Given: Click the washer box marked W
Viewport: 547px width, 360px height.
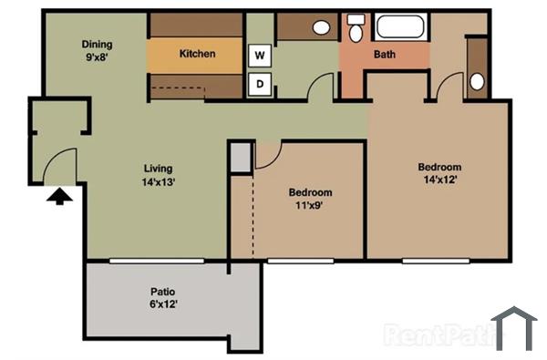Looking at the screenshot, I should [x=260, y=55].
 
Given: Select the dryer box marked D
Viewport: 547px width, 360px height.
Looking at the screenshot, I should [x=260, y=85].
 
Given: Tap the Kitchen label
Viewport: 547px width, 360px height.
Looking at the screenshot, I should [x=197, y=54].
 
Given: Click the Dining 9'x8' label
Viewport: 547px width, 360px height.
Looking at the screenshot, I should [x=98, y=50].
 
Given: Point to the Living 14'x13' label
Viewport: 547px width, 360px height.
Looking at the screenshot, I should [x=158, y=175].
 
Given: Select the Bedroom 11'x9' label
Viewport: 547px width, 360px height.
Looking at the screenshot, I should [x=310, y=199].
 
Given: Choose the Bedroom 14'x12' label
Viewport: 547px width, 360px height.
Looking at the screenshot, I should [x=439, y=173].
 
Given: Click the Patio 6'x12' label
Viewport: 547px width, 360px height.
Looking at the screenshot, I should [x=163, y=298].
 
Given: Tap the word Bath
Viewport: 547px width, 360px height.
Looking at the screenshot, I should [x=385, y=55].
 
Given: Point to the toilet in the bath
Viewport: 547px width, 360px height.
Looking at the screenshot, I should [x=355, y=29].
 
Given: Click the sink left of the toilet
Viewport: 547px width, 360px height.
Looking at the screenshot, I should [x=322, y=27].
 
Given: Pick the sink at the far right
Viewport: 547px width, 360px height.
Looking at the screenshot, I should [x=477, y=81].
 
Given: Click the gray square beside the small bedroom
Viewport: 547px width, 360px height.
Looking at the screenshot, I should [x=239, y=158].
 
